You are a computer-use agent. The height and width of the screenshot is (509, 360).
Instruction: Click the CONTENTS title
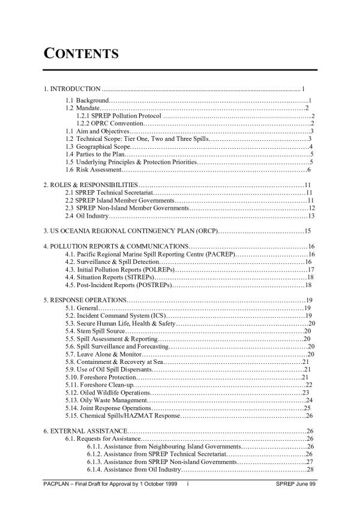pyautogui.click(x=80, y=55)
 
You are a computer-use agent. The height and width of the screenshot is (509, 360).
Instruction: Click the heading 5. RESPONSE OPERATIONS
pyautogui.click(x=85, y=300)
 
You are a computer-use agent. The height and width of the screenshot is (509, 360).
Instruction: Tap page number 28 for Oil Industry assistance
pyautogui.click(x=310, y=469)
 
